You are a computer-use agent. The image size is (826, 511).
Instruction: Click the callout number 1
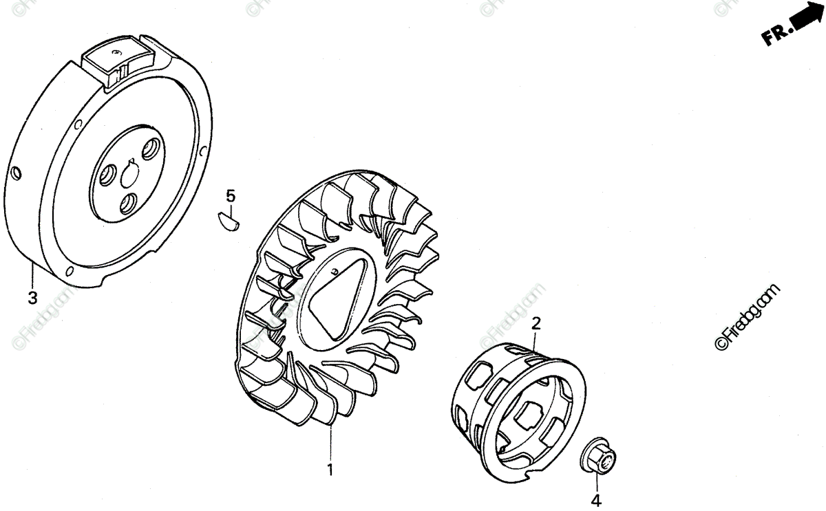[x=330, y=470]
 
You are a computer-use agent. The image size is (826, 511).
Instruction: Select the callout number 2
[x=536, y=323]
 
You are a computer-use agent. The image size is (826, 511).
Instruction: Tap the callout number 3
[x=32, y=298]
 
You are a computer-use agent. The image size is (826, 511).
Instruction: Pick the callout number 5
[x=231, y=195]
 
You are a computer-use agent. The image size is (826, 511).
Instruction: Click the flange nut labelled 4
[x=600, y=456]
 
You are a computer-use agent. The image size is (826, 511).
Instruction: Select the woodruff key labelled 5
[x=226, y=220]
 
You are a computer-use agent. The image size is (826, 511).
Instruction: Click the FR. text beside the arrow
[x=774, y=35]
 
